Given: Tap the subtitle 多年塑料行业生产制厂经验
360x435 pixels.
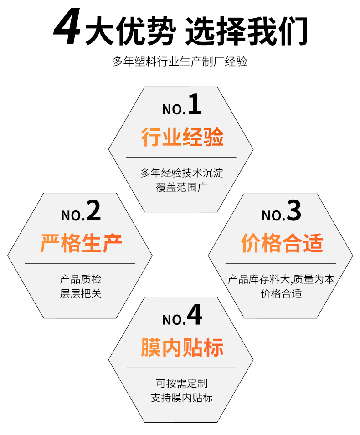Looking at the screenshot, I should tap(180, 62).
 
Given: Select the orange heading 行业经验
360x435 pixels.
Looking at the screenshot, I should tap(182, 137).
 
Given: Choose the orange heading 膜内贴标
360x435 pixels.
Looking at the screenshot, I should tap(182, 348).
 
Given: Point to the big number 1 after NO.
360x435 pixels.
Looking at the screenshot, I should tap(194, 104).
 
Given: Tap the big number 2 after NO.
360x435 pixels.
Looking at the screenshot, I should tap(93, 211).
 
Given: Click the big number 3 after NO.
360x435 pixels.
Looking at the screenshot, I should tap(294, 211).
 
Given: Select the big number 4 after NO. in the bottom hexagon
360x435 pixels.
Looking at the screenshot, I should tap(194, 315).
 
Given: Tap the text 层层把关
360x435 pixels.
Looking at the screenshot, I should tap(81, 293).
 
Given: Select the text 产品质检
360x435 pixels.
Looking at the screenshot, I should tap(81, 279).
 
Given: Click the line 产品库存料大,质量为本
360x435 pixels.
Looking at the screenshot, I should tap(281, 279).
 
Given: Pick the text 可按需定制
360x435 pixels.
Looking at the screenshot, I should tap(182, 384).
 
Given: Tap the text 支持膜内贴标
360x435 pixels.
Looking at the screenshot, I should tap(182, 398).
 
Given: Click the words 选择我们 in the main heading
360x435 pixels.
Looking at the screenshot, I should tap(247, 31).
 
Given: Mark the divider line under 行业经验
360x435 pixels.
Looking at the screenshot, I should tap(181, 157).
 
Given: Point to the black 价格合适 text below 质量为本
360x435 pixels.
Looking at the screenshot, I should tap(281, 293).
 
